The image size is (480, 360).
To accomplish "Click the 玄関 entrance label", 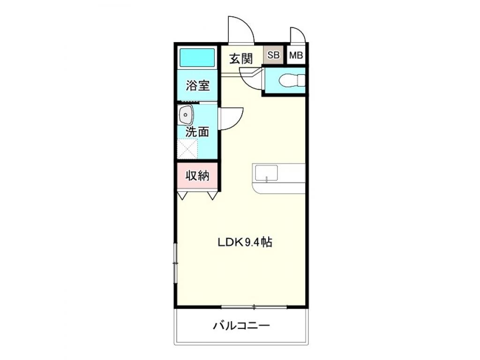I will [241, 59].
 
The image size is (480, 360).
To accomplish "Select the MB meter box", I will [296, 55].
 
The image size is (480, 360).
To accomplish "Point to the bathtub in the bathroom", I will [197, 58].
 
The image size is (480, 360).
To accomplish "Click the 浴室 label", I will [197, 86].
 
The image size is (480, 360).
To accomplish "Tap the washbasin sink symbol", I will [186, 115].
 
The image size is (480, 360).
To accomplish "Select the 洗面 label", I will [197, 132].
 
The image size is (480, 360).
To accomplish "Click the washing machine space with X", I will [187, 149].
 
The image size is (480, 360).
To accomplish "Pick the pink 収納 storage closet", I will [197, 176].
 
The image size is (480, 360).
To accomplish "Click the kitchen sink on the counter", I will [266, 172].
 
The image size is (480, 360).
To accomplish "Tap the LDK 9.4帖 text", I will [245, 242].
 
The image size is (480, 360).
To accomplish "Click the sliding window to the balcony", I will [254, 307].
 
